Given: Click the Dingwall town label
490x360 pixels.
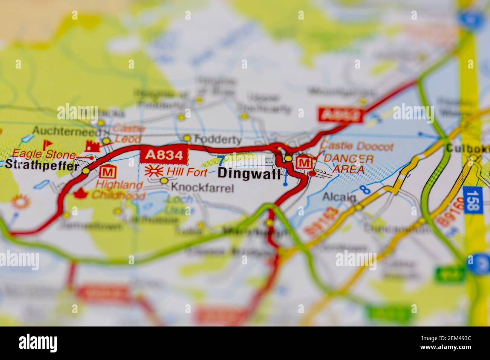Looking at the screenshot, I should (x=249, y=174).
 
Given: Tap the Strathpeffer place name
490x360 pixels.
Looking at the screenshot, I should (x=42, y=165).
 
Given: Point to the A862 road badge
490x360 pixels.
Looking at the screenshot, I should (x=340, y=115).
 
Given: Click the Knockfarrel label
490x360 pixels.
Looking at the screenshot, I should (x=202, y=187).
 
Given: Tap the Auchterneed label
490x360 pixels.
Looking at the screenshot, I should (x=67, y=131).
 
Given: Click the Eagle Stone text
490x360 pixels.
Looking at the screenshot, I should (x=44, y=153).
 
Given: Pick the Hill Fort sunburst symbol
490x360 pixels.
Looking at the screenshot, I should (x=154, y=171).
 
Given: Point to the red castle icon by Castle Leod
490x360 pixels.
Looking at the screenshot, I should (x=92, y=146).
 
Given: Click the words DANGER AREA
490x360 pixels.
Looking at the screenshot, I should (x=348, y=164).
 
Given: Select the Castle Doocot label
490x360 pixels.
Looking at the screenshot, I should (x=357, y=146).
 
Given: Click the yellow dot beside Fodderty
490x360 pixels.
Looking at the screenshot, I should (x=187, y=138).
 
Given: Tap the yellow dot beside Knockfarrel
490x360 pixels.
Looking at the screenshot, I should (x=164, y=181).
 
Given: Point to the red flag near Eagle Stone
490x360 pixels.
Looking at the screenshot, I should (x=47, y=144).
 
